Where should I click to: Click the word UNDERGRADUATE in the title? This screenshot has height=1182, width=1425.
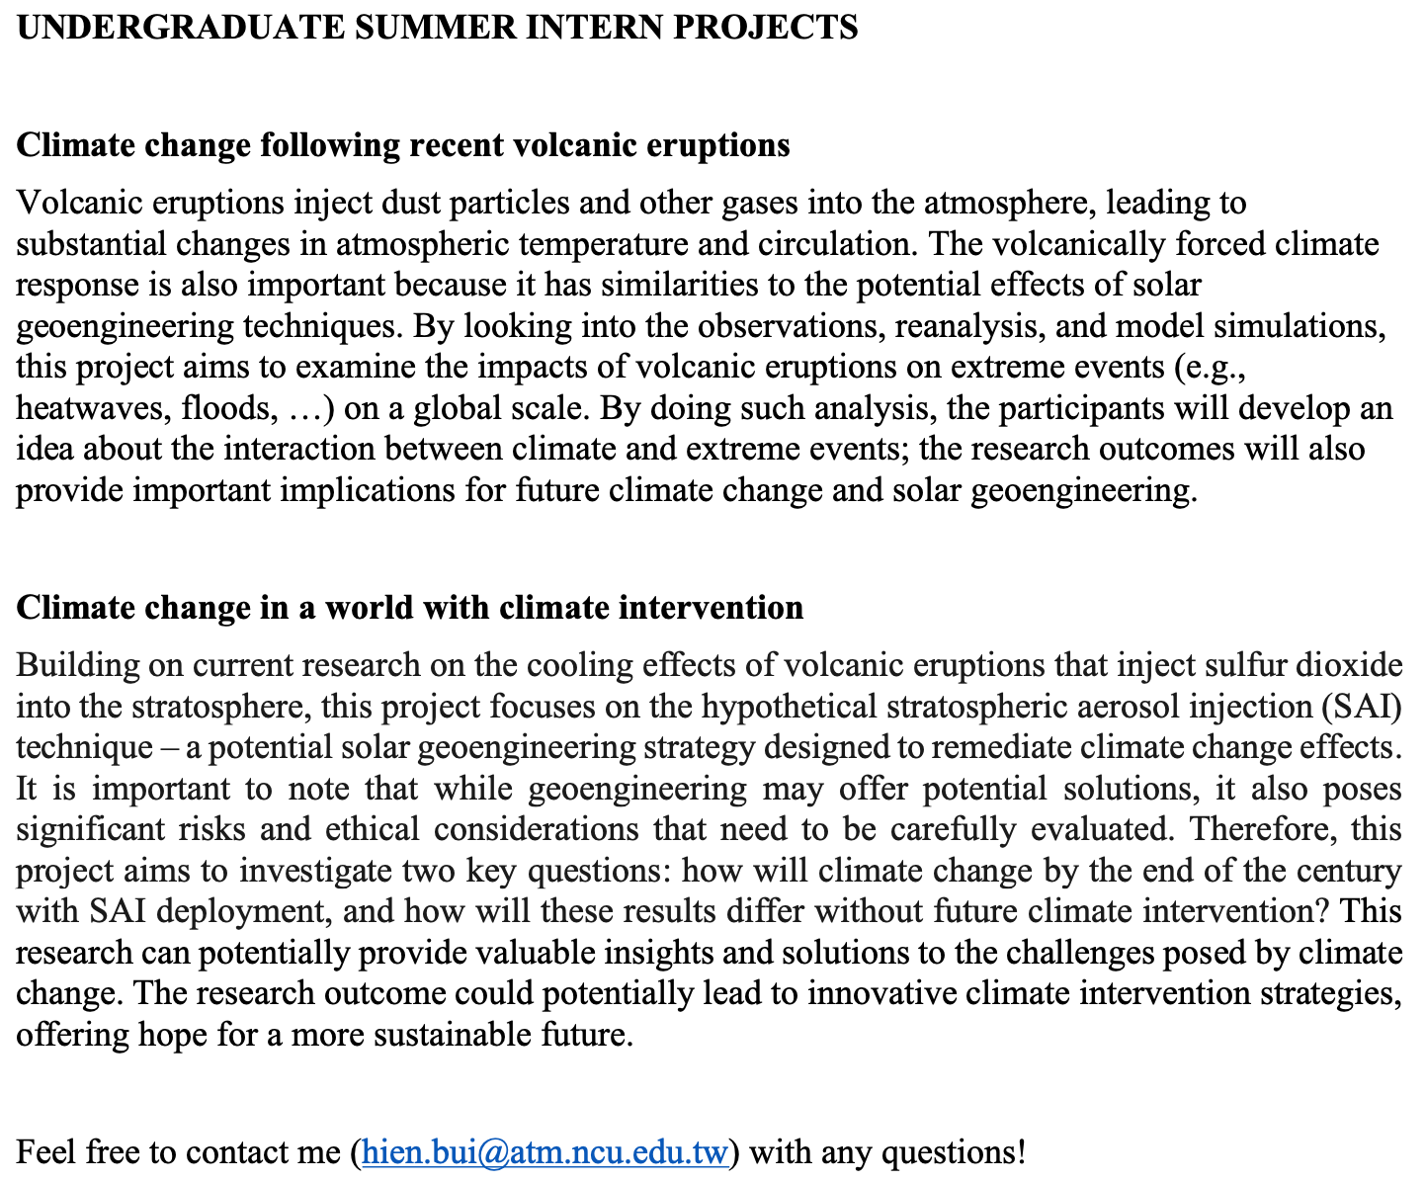click(x=177, y=27)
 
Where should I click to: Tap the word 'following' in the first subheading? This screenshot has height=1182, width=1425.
click(x=330, y=145)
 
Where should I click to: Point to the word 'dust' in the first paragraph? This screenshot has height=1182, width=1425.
click(x=408, y=203)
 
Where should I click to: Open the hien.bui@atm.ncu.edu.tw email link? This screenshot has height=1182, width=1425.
click(x=545, y=1152)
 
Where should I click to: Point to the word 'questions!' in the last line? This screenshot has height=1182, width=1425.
click(x=953, y=1152)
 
